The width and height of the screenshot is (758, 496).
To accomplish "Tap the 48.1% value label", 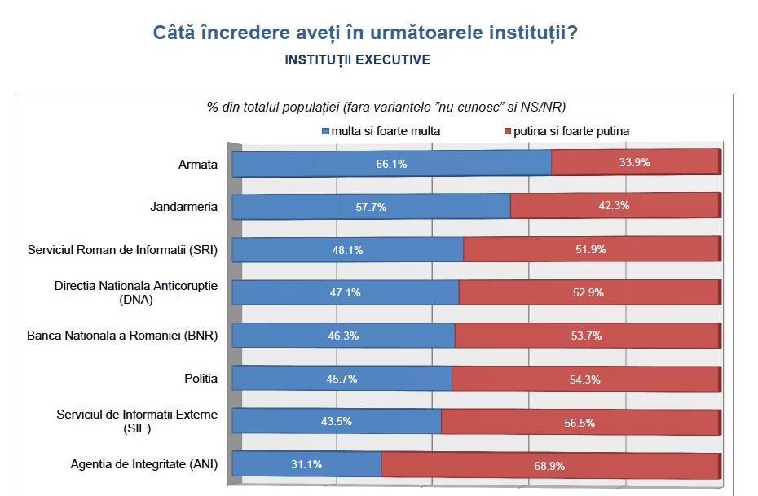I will click(346, 250).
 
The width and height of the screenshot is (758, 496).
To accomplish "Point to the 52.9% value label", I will click(589, 292).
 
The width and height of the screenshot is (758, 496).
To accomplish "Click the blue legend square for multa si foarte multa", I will click(326, 131).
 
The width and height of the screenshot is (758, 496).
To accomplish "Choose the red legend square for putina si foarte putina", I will click(506, 131).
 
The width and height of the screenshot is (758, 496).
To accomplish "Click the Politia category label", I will click(201, 379).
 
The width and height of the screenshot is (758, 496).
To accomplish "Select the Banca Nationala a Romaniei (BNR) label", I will click(122, 335).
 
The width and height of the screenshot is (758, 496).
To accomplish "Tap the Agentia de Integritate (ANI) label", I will click(144, 465).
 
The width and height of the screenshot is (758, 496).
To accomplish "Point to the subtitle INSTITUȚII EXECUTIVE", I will click(358, 60).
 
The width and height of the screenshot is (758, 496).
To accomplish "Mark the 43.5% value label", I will click(337, 422).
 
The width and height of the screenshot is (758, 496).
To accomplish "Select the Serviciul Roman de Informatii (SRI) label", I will click(122, 250).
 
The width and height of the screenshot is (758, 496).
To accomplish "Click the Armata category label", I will click(198, 164).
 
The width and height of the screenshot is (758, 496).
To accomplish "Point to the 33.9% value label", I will click(634, 163).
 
